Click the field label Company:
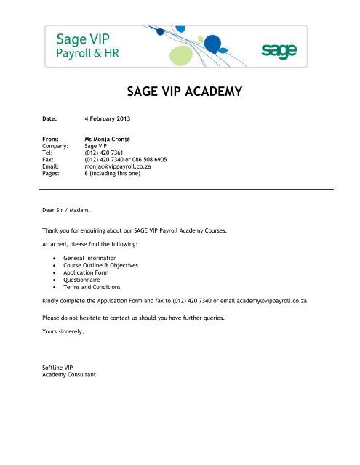tap(57, 145)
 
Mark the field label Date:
tap(51, 116)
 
